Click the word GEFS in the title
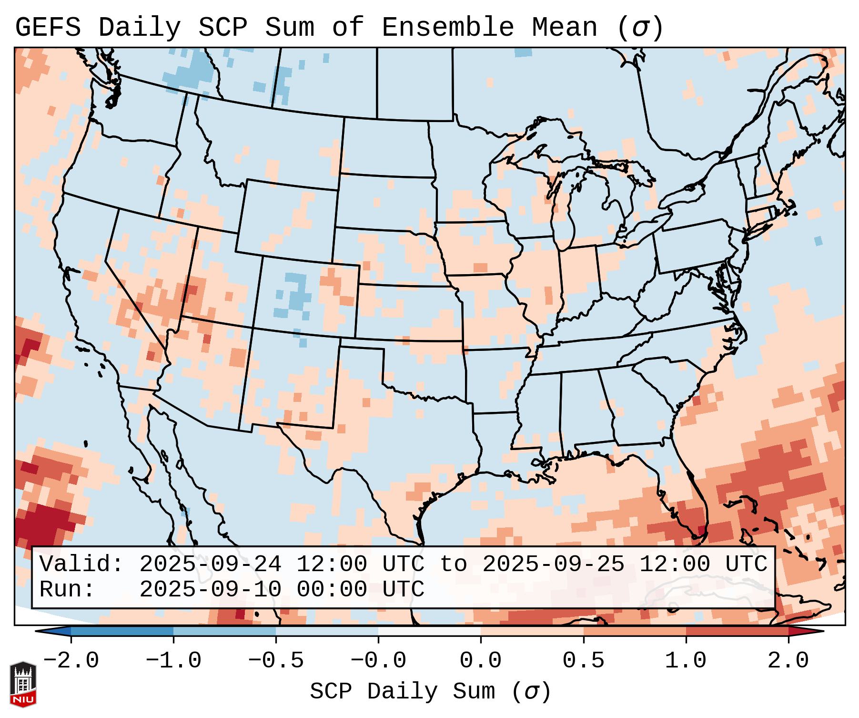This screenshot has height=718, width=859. [48, 28]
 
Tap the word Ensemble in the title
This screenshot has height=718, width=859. [447, 28]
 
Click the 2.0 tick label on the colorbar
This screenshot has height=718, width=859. [788, 661]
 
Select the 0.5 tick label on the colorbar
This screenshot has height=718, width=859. [583, 661]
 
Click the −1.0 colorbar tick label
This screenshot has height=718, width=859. [173, 661]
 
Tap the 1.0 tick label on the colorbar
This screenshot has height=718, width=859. [686, 661]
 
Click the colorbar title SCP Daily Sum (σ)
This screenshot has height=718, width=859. [430, 692]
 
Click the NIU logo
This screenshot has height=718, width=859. [23, 684]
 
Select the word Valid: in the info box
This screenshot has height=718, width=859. [81, 564]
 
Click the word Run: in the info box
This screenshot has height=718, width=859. [67, 590]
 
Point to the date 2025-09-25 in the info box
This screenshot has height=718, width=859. [553, 564]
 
